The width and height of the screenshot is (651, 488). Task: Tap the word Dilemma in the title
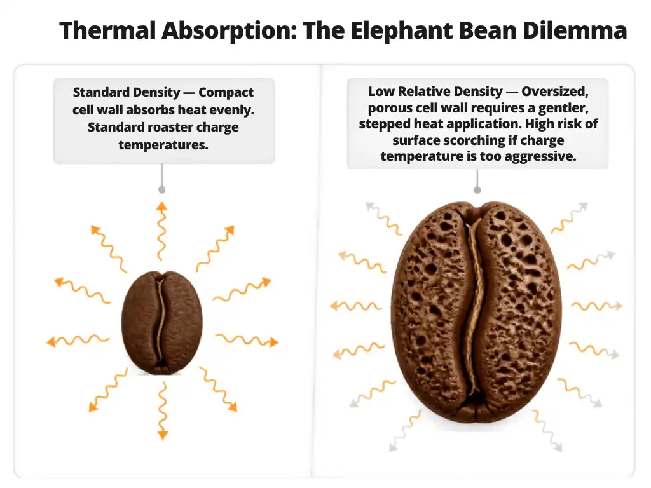(x=574, y=30)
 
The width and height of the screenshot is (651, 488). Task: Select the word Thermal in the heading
(x=107, y=30)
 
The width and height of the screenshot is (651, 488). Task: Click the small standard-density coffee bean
(x=162, y=322)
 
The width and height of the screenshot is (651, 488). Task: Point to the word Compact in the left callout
(x=226, y=92)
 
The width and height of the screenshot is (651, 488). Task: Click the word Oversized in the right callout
(x=554, y=91)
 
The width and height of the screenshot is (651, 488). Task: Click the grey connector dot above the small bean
(x=162, y=189)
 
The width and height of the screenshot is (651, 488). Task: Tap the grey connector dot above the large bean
(x=477, y=190)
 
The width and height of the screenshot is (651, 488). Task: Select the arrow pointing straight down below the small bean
(x=163, y=411)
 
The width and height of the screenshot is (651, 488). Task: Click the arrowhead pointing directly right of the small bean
(x=273, y=342)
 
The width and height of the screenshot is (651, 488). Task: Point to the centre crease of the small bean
(x=160, y=323)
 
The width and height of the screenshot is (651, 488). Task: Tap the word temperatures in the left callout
(x=163, y=145)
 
